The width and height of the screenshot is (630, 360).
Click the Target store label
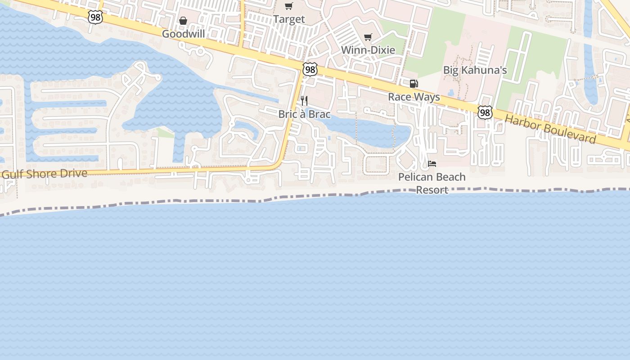tap(289, 19)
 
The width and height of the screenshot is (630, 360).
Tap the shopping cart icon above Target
tap(289, 6)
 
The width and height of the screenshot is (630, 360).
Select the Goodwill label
tap(183, 34)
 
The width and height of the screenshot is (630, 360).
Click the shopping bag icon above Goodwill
tap(183, 21)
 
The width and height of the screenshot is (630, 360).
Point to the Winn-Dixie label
tap(368, 50)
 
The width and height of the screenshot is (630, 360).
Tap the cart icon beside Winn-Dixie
tap(368, 37)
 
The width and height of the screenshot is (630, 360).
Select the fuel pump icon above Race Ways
tap(414, 83)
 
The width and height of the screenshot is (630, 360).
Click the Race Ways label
tap(414, 97)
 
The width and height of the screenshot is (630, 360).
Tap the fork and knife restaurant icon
tap(304, 100)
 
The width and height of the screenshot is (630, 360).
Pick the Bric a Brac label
tap(304, 114)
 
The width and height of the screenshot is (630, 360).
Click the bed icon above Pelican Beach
tap(432, 164)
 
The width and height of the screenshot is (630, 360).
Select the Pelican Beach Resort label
tap(432, 183)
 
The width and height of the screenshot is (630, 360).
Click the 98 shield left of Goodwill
tap(95, 17)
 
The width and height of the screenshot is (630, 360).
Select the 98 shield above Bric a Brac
tap(310, 69)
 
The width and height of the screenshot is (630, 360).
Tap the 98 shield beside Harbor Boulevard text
tap(485, 112)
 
